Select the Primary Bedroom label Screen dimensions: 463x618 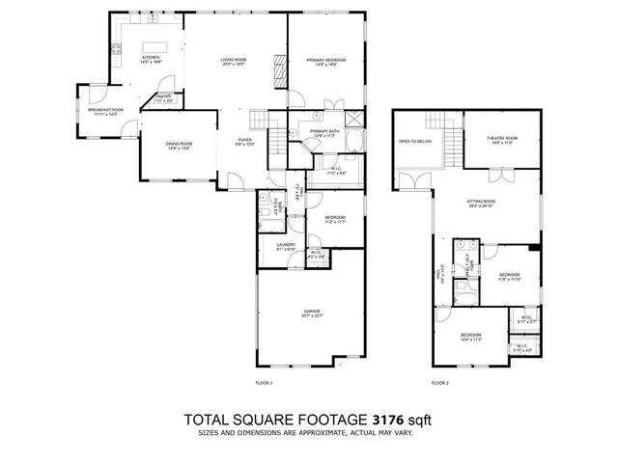327,62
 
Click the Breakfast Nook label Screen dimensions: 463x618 105,111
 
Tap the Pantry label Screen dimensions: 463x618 164,97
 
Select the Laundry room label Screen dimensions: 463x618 285,246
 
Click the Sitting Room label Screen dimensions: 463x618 481,204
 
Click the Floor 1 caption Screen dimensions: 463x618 265,383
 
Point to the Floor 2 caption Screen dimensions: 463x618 440,383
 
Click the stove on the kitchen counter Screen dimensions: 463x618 152,19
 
